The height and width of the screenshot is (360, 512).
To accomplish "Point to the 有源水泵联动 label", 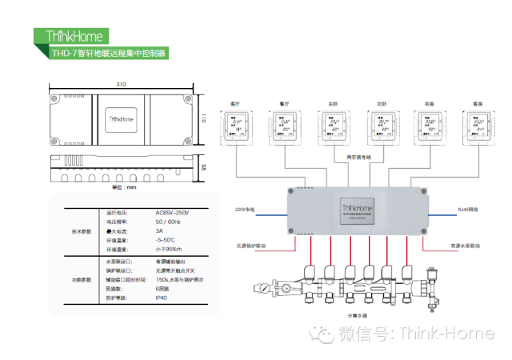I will click(464, 246).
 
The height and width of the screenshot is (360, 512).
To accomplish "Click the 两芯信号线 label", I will click(358, 157).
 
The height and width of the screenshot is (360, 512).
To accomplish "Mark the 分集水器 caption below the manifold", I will click(357, 314).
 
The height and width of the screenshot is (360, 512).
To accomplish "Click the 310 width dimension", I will click(121, 83).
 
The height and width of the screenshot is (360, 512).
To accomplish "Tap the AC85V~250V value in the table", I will click(172, 213).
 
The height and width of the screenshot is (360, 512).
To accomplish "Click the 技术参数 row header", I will click(82, 230).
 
